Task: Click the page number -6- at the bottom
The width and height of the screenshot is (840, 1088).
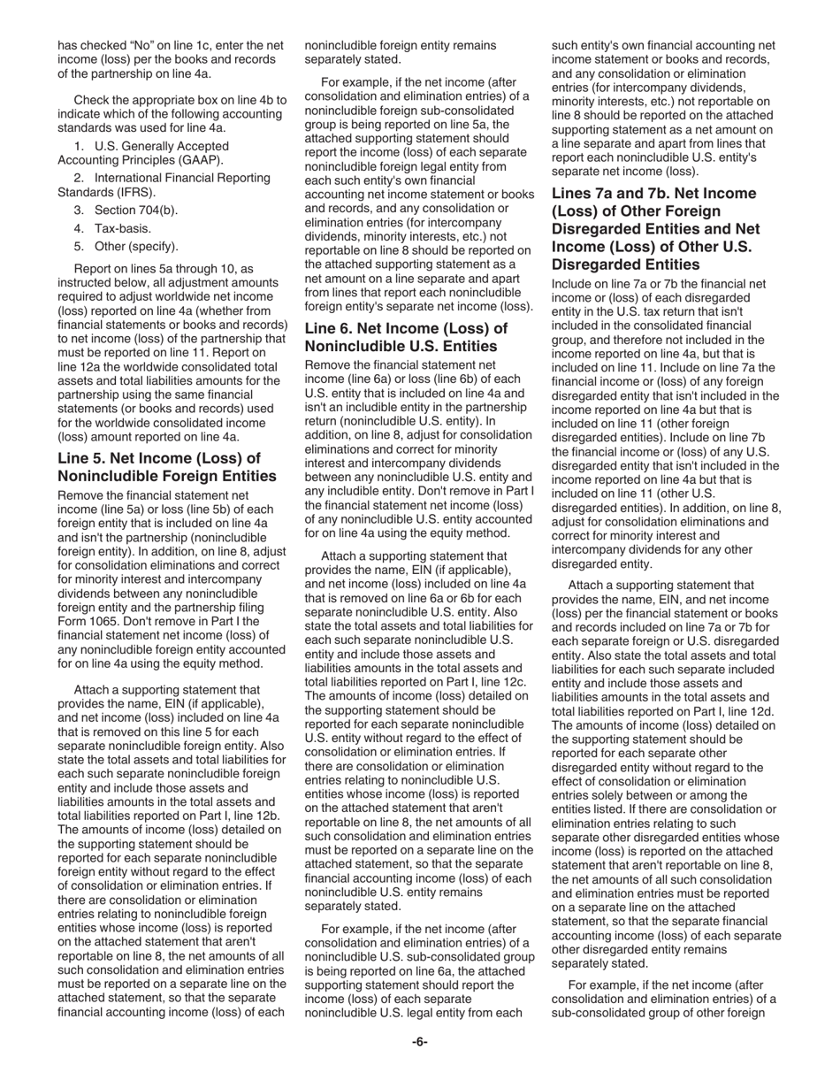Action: pos(419,1042)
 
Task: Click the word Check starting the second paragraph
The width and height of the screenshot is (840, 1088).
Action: pos(92,100)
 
